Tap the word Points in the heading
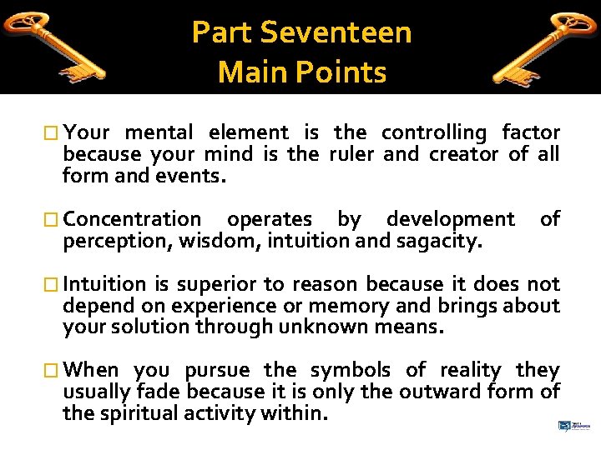pos(345,72)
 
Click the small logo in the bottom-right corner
pos(570,426)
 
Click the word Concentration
pos(132,220)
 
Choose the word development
pos(450,220)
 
